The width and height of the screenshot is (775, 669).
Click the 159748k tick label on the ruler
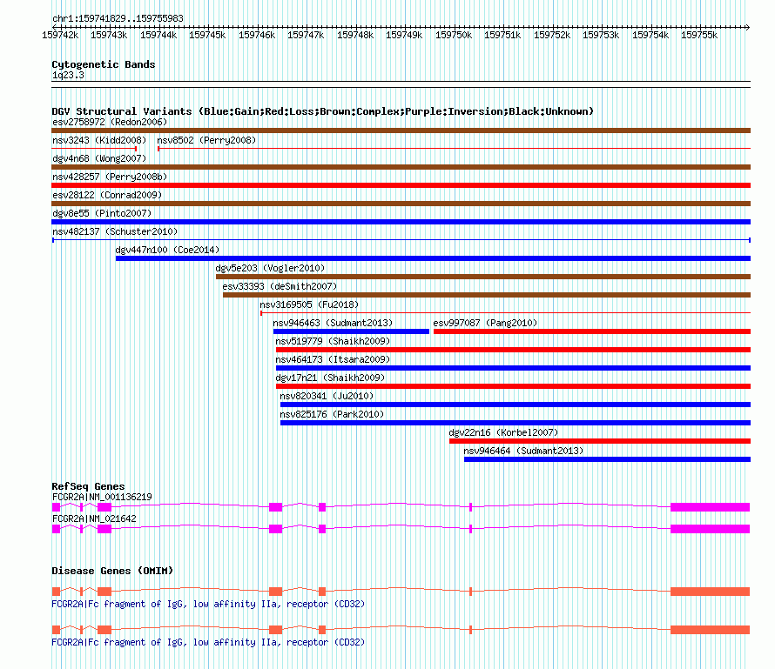(355, 35)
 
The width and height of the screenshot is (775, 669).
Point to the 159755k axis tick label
(699, 35)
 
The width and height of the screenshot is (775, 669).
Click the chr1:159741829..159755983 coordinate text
(118, 18)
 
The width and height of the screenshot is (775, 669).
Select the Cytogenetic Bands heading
(104, 64)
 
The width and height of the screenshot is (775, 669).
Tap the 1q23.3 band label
(68, 76)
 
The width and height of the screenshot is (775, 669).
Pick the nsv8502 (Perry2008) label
(206, 140)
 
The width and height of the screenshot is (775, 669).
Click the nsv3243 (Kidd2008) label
(99, 140)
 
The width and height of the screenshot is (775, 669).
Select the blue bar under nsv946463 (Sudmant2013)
(351, 331)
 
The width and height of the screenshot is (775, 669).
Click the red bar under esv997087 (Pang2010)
(591, 331)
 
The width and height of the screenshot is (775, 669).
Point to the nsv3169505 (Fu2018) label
(309, 304)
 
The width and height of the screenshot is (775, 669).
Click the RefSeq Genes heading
(88, 486)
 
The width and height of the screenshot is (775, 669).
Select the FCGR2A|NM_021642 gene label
(94, 518)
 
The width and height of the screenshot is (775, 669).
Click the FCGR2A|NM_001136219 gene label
(102, 497)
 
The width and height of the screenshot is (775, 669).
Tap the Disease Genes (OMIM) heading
(112, 571)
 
